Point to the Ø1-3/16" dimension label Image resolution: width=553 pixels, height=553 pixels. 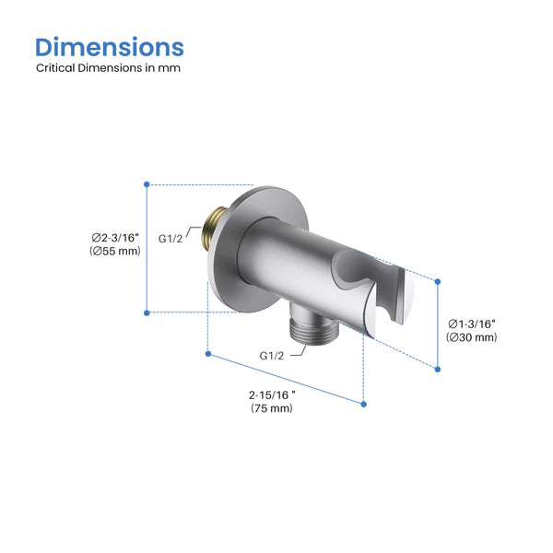click(x=472, y=323)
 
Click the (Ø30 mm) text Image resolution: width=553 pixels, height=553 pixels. click(x=472, y=337)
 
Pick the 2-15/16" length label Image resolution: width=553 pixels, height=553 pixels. click(x=272, y=394)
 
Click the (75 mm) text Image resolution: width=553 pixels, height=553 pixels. click(x=272, y=408)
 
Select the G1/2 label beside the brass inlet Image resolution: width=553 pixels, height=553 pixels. click(x=171, y=238)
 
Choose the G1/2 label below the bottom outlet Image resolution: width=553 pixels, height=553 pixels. click(x=272, y=355)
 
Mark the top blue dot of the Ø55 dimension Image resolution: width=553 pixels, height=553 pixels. click(x=147, y=184)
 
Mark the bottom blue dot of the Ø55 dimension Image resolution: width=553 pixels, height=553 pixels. click(x=147, y=312)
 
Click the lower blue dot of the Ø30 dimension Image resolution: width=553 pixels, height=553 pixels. click(x=438, y=369)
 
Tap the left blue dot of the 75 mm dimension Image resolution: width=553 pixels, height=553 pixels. click(x=209, y=352)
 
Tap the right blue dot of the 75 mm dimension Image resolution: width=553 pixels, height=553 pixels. click(x=363, y=403)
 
